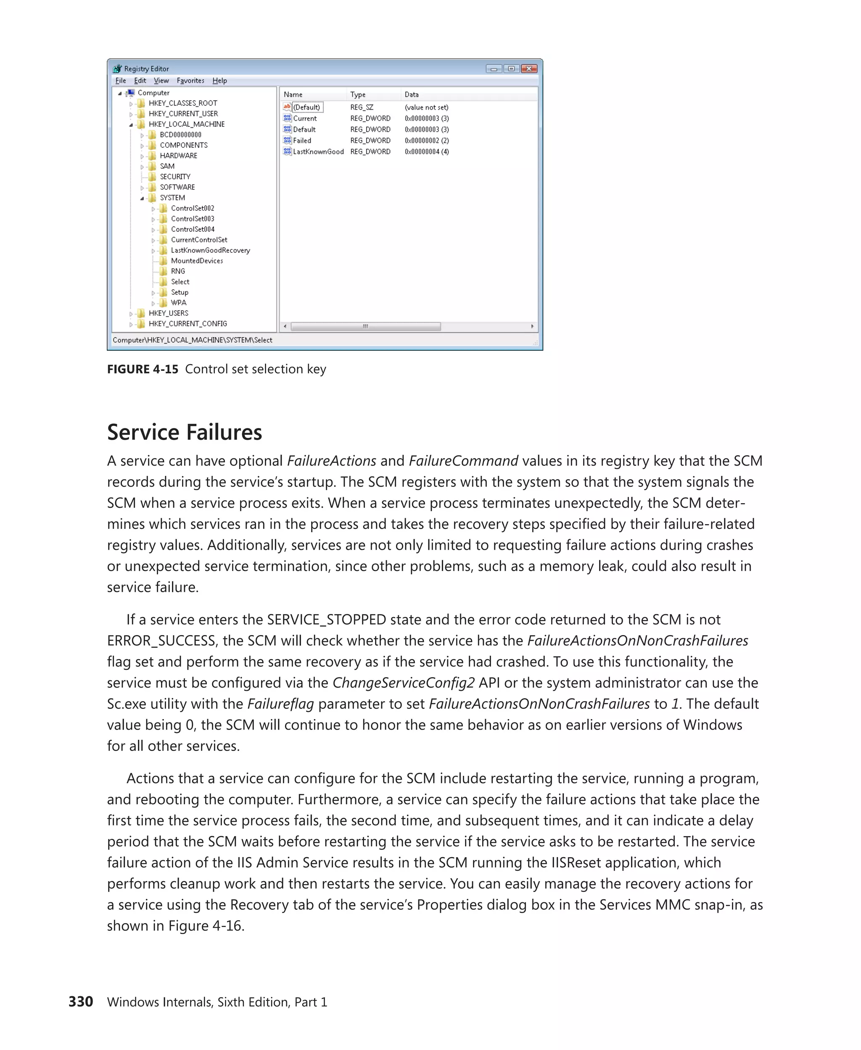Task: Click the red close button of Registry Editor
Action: tap(529, 69)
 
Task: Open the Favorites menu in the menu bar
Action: tap(190, 81)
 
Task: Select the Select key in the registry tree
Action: tap(180, 282)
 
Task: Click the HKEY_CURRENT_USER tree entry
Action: tap(183, 114)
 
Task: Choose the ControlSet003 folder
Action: tap(193, 219)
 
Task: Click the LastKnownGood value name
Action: tap(318, 152)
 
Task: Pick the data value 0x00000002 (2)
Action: tap(427, 141)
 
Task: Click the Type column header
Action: tap(358, 94)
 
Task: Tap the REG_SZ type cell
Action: tap(362, 108)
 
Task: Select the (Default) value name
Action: tap(306, 108)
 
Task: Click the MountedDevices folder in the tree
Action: tap(197, 261)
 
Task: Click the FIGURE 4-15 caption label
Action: tap(143, 369)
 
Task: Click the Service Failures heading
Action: tap(185, 432)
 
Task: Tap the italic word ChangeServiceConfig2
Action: tap(403, 683)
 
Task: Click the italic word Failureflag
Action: tap(280, 704)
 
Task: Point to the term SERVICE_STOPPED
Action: tap(326, 620)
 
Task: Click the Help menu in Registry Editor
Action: tap(220, 81)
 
